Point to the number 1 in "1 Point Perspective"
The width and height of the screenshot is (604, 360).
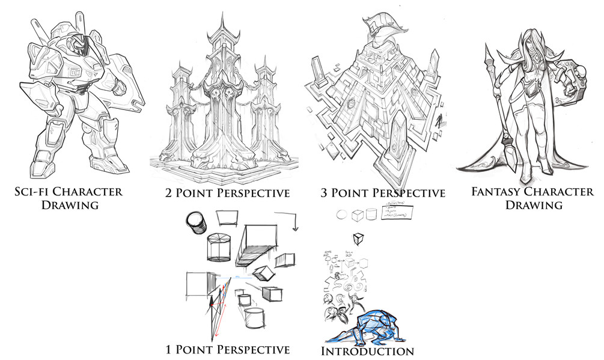click(170, 349)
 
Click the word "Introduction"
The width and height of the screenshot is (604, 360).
click(368, 350)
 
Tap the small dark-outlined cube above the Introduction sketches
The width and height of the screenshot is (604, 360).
click(359, 238)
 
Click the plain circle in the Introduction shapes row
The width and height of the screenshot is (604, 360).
click(341, 215)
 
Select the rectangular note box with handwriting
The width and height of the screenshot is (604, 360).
click(398, 214)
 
